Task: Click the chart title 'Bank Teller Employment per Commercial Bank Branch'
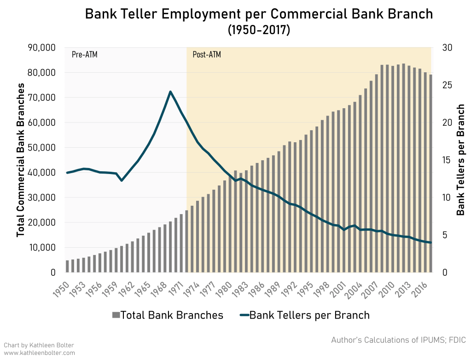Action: pyautogui.click(x=259, y=14)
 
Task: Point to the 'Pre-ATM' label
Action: pyautogui.click(x=85, y=55)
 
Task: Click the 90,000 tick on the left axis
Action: pyautogui.click(x=42, y=48)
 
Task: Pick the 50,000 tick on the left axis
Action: pyautogui.click(x=42, y=148)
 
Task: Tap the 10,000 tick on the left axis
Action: pyautogui.click(x=42, y=248)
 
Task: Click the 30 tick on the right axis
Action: pyautogui.click(x=448, y=48)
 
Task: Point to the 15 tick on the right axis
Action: pyautogui.click(x=448, y=160)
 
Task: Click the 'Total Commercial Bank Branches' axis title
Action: pyautogui.click(x=20, y=160)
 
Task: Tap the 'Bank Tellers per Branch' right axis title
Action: pyautogui.click(x=460, y=160)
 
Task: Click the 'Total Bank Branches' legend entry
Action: pyautogui.click(x=168, y=315)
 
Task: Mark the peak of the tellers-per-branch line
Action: pyautogui.click(x=170, y=91)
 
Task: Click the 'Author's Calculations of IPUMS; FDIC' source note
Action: pyautogui.click(x=398, y=341)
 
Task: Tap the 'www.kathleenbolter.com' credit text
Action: pyautogui.click(x=39, y=353)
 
